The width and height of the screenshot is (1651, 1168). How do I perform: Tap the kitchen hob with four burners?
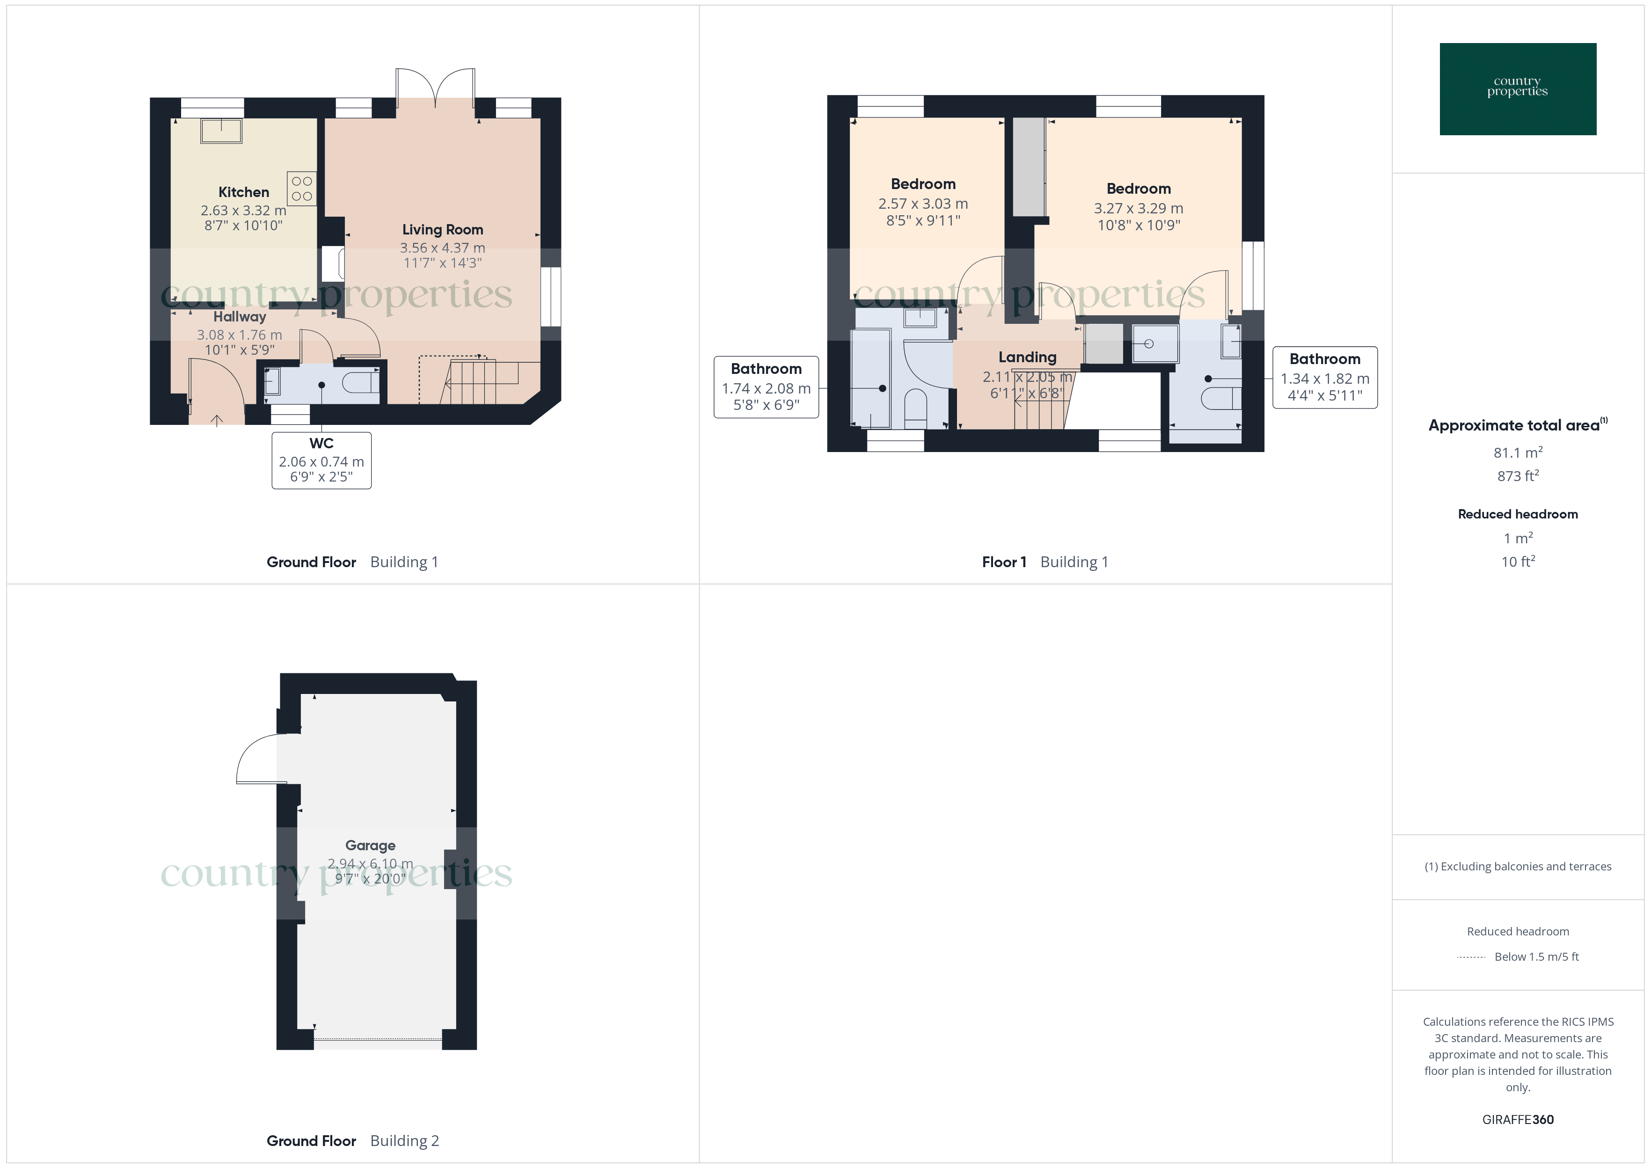tap(301, 189)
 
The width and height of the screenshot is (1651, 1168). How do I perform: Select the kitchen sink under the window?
tap(221, 131)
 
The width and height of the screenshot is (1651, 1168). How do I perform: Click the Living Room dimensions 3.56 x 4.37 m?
tap(442, 248)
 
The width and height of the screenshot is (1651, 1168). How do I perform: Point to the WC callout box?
tap(321, 460)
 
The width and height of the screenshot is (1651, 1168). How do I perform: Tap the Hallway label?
tap(240, 316)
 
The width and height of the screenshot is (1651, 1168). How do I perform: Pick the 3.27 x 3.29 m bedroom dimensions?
tap(1138, 208)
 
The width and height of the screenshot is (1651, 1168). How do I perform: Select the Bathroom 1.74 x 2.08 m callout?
tap(766, 387)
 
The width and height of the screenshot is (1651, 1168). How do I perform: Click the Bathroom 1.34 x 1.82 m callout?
tap(1324, 378)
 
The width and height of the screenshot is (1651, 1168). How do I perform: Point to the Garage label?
tap(370, 845)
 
